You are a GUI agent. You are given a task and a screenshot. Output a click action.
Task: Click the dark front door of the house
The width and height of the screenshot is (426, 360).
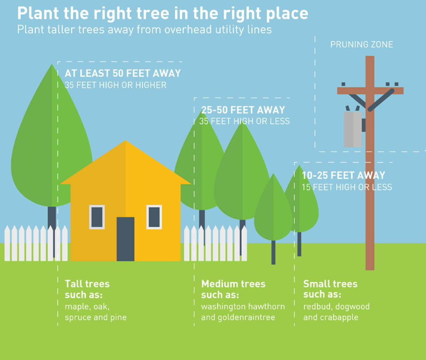pyautogui.click(x=125, y=239)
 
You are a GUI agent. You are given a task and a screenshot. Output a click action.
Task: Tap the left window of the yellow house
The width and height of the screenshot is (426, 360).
pyautogui.click(x=97, y=217)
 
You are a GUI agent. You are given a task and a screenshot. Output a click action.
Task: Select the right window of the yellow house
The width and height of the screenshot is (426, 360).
pyautogui.click(x=154, y=217)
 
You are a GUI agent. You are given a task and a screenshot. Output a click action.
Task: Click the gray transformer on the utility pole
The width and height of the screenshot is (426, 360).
pyautogui.click(x=352, y=129)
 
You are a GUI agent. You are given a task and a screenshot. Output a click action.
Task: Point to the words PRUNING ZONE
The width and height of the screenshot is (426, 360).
pyautogui.click(x=362, y=45)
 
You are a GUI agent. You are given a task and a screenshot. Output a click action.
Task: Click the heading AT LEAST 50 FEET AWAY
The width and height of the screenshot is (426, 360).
pyautogui.click(x=123, y=73)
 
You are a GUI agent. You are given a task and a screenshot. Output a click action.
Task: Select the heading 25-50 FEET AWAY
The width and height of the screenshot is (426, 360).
pyautogui.click(x=243, y=110)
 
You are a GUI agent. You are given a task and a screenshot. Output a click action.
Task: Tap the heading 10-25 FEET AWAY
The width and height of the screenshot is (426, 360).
pyautogui.click(x=343, y=175)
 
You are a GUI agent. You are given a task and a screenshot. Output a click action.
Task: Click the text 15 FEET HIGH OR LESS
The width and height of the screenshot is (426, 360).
pyautogui.click(x=347, y=187)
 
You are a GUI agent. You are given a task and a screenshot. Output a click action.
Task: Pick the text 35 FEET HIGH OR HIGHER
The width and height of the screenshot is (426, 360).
pyautogui.click(x=115, y=85)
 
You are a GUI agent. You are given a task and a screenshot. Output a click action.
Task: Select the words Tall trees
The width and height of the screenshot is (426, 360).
pyautogui.click(x=87, y=284)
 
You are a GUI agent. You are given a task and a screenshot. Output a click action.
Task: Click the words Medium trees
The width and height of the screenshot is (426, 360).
pyautogui.click(x=233, y=284)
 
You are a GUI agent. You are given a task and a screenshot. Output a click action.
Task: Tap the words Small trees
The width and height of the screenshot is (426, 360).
pyautogui.click(x=330, y=284)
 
